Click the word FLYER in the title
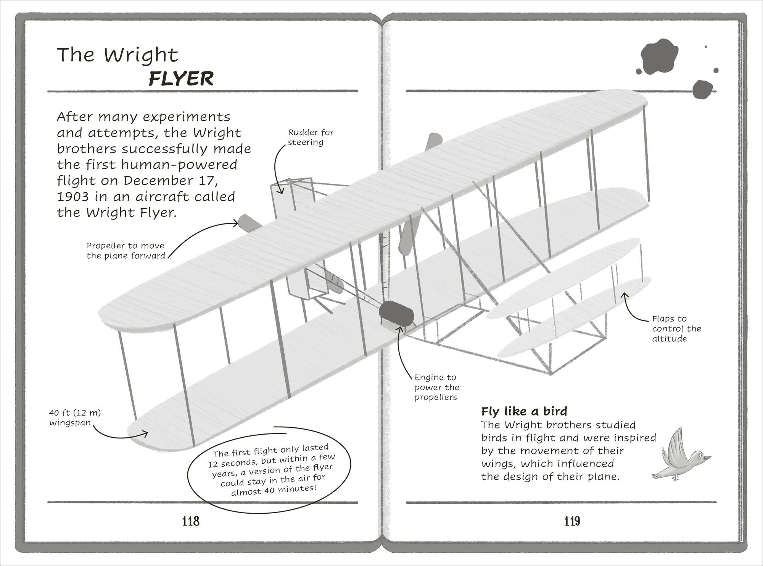181,79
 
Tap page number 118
191,521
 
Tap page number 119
572,521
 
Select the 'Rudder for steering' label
310,137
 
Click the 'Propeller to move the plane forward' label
126,251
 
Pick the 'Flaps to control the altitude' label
676,328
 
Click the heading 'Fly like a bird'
524,411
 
